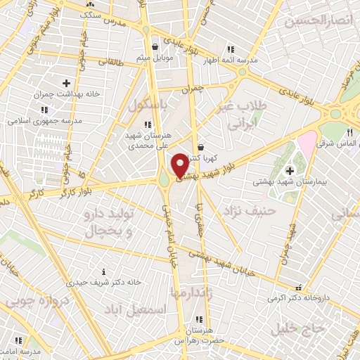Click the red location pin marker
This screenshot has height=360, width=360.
click(179, 164)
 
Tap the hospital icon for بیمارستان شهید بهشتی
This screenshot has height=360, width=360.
click(289, 170)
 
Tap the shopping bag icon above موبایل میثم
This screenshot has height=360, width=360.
click(154, 46)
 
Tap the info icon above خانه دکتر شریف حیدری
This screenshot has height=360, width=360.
click(104, 271)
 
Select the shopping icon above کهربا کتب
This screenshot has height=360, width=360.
click(202, 148)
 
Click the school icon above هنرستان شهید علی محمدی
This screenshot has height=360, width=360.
click(146, 124)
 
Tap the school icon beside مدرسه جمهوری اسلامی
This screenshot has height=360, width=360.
click(44, 110)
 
